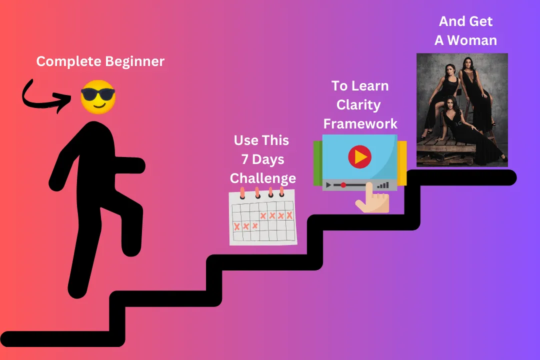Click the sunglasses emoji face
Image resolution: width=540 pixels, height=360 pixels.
98,97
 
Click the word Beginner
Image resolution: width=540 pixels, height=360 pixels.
134,61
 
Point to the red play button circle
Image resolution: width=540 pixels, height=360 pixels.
359,156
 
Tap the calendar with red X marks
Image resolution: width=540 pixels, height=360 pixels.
263,216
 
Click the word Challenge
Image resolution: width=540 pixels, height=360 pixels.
263,178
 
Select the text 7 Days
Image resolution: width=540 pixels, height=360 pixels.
263,159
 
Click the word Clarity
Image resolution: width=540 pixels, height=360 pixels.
358,105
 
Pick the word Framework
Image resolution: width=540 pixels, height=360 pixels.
360,123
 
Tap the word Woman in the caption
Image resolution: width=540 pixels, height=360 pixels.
472,40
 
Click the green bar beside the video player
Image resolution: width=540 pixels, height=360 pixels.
317,163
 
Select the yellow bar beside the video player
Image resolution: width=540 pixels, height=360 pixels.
402,163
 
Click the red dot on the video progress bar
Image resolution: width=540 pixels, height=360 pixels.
343,185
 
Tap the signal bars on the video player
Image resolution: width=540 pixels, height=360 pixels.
383,185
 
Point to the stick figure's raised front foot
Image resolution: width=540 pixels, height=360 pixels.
131,241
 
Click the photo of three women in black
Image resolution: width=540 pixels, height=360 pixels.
462,110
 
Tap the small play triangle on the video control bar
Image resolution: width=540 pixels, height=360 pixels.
328,185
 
